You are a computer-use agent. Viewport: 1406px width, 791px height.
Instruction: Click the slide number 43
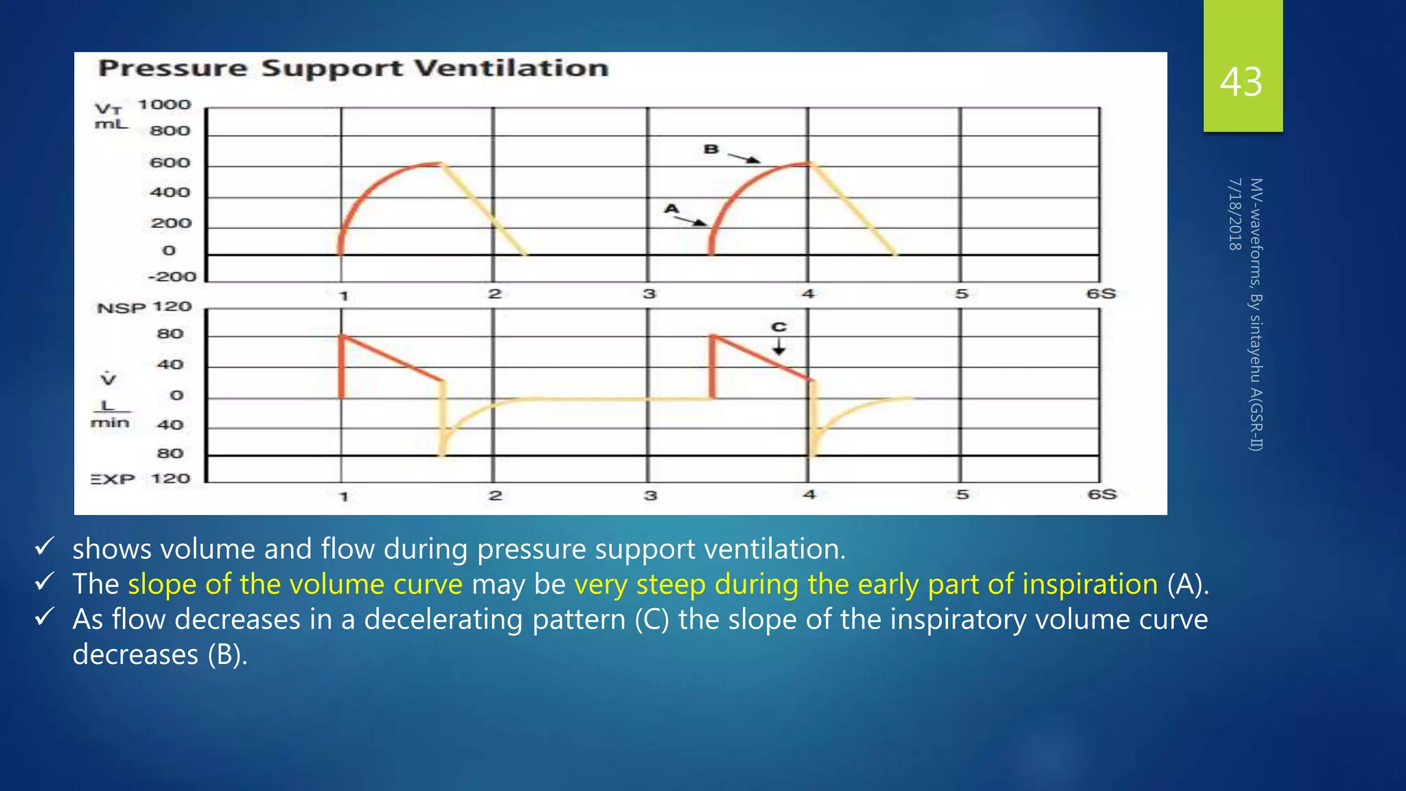(1241, 82)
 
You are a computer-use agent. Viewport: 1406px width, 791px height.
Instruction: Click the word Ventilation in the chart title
(511, 68)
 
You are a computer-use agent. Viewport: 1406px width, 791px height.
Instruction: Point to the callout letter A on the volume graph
(671, 209)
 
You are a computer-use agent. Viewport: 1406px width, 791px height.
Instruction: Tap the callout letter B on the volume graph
(711, 149)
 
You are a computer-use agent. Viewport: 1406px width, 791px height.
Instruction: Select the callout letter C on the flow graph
(779, 327)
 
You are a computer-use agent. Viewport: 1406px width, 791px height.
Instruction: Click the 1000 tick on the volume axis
(164, 105)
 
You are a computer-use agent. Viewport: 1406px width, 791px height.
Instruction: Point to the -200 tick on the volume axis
(172, 277)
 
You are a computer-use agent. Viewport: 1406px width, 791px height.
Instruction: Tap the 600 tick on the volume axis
(170, 163)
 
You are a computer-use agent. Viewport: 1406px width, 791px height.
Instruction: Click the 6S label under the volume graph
(1100, 294)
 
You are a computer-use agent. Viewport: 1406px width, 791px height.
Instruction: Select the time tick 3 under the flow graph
(650, 495)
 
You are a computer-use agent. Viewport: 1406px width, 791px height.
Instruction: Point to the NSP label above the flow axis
(122, 308)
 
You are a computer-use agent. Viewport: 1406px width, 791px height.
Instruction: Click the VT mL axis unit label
(111, 117)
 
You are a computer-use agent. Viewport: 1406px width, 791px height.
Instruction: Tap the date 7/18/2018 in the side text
(1235, 214)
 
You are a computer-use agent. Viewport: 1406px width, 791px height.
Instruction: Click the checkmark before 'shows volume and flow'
(45, 547)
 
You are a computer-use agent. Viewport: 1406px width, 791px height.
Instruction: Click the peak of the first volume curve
(439, 163)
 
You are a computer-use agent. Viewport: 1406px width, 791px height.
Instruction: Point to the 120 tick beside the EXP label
(170, 479)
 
